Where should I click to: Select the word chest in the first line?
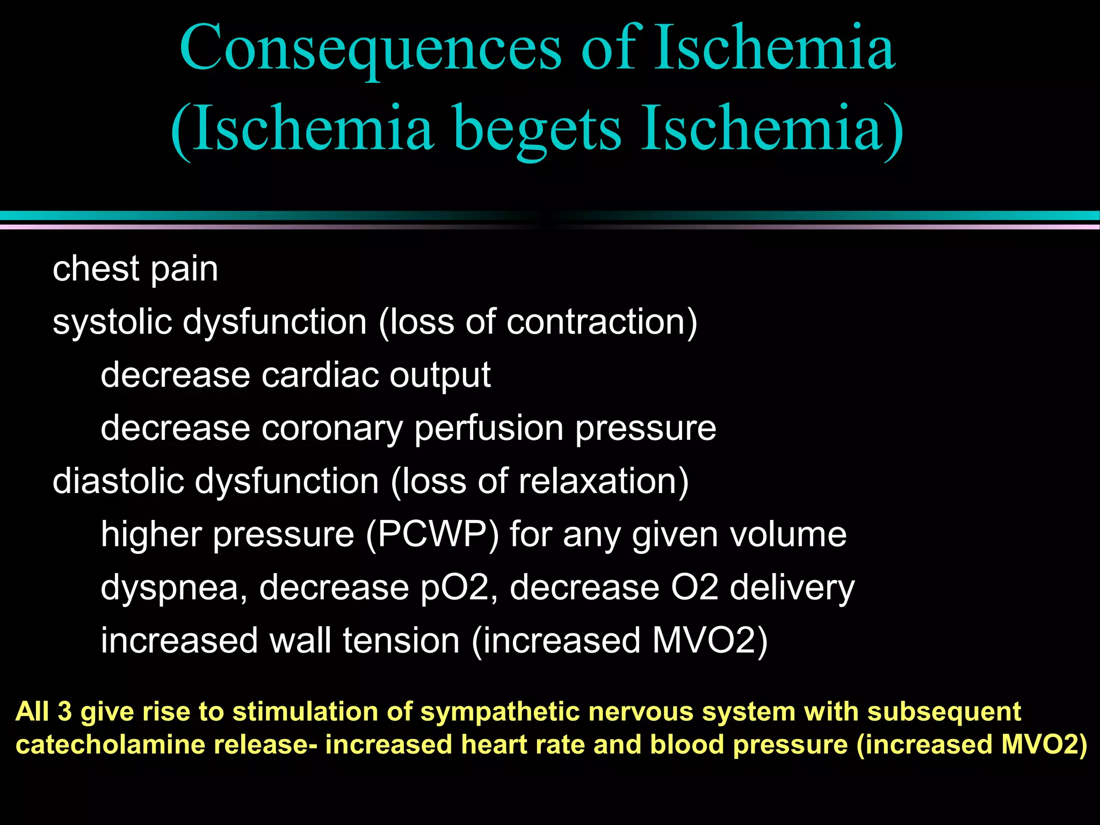tap(96, 268)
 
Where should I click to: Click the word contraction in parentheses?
tap(596, 322)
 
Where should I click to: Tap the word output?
tap(440, 375)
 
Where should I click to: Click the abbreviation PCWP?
tap(432, 534)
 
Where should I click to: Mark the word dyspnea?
tap(173, 588)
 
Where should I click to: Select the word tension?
tap(401, 641)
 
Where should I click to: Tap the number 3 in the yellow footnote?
tap(64, 712)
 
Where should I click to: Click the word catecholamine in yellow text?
tap(110, 745)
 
